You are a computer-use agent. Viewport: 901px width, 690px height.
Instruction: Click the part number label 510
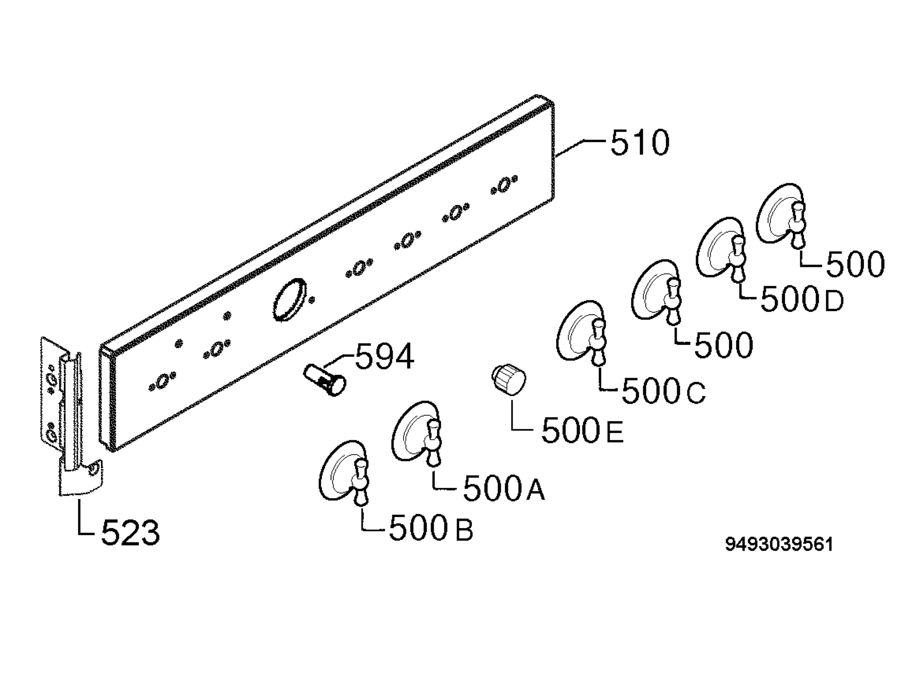pos(640,143)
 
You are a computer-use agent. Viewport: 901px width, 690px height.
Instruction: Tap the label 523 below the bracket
pos(130,532)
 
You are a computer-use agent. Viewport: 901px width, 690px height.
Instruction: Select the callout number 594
pos(384,356)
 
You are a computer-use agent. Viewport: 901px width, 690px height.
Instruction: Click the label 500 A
pos(504,489)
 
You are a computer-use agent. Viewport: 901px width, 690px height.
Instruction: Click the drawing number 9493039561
pos(779,544)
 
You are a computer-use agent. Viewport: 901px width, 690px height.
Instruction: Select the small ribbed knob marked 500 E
pos(509,379)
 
